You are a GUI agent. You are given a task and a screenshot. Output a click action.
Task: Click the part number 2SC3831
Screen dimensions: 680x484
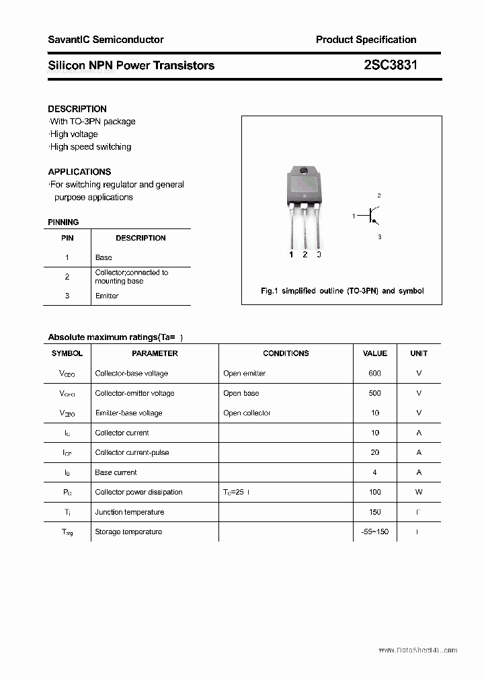point(386,65)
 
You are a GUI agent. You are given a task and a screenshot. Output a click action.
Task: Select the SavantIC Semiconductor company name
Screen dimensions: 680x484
point(106,40)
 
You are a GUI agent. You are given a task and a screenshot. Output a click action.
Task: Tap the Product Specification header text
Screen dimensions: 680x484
point(366,40)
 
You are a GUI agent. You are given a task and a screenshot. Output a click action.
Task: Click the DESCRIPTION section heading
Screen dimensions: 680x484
point(77,109)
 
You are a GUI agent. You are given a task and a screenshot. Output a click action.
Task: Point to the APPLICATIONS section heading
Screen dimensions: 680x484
point(79,171)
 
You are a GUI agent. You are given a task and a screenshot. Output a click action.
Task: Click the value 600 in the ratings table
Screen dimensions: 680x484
point(374,374)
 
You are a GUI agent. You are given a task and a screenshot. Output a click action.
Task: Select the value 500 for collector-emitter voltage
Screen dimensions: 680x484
point(374,393)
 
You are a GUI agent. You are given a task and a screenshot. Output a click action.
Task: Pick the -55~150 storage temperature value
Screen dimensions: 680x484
point(374,532)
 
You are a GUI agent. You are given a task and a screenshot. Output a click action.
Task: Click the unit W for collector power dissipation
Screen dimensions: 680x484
point(419,492)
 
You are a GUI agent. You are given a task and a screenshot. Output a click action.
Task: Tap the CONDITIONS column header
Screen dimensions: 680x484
point(286,353)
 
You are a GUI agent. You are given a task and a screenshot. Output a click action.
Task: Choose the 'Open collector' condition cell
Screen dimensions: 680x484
point(247,413)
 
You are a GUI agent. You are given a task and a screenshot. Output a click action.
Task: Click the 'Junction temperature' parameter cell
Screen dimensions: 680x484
point(130,512)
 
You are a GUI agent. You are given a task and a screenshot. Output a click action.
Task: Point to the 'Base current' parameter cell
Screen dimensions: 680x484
point(116,472)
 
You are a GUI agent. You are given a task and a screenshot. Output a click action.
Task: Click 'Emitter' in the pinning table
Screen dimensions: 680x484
point(107,296)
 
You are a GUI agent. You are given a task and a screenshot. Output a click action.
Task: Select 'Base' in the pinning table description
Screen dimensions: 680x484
point(104,257)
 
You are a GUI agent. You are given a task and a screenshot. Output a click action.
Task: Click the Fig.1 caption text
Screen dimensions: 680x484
point(342,291)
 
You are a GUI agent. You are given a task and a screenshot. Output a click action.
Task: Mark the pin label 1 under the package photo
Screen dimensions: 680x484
point(291,255)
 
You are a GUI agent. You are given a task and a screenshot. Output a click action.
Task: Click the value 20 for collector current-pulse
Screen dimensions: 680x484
point(374,453)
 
